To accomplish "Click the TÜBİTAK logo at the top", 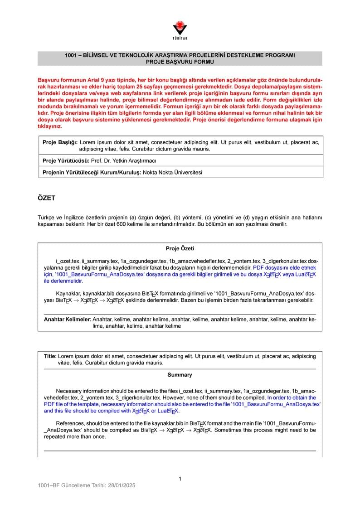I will tap(180, 31).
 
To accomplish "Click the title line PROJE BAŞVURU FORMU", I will tap(180, 62).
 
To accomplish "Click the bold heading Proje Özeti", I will tap(180, 248).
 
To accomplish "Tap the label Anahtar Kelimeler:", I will tap(68, 320).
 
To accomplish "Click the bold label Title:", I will tap(50, 356).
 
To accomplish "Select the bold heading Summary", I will tap(180, 375).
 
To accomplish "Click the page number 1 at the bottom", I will tap(180, 479).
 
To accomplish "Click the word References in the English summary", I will tap(70, 423).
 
